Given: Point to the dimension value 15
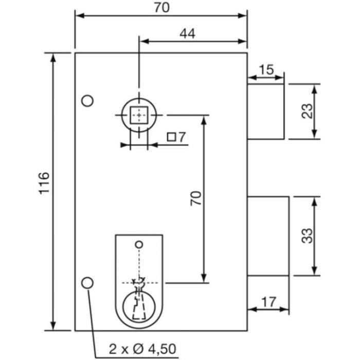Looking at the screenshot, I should tap(266, 68).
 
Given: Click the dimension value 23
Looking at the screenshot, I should tap(307, 111).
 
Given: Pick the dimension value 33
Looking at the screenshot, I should tap(307, 236).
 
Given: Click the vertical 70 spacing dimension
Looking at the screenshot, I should tap(195, 198).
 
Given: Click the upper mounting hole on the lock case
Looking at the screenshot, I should tap(88, 101).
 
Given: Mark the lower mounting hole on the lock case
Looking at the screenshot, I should tap(88, 282).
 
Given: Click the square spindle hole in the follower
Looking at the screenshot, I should tap(138, 115).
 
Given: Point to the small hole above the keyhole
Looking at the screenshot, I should tap(138, 243).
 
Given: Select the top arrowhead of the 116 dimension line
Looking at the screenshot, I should tap(53, 56).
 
